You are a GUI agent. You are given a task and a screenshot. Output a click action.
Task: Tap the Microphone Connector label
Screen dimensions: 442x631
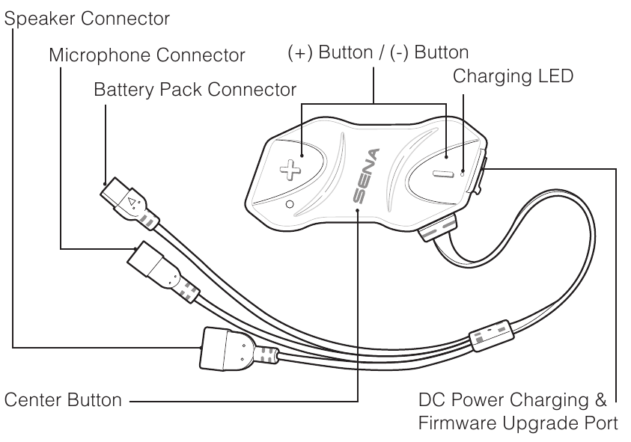coord(147,55)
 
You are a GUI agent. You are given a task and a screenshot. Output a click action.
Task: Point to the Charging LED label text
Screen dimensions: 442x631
coord(513,76)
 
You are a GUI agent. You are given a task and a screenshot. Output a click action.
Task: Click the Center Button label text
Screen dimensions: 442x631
coord(64,400)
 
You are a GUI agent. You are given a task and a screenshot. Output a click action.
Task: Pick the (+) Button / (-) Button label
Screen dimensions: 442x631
coord(378,53)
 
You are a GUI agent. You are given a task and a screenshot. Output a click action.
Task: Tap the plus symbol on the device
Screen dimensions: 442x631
coord(288,168)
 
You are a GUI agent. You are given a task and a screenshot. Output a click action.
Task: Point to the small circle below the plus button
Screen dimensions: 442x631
coord(290,203)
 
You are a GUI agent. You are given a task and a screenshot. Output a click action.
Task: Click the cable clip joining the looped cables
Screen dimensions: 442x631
coord(491,337)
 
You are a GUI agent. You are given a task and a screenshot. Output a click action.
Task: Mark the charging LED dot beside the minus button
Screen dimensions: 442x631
coord(463,171)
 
